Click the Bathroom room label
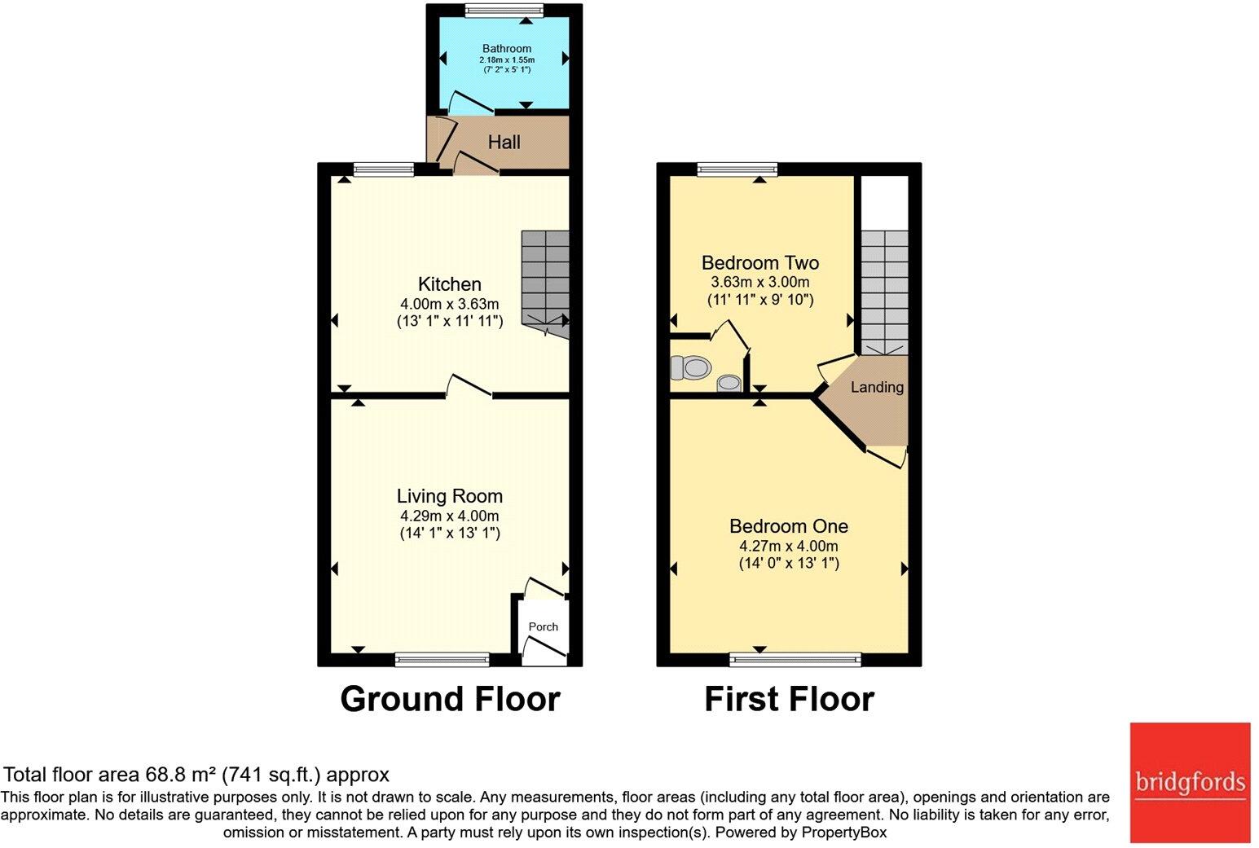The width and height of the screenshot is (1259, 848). pyautogui.click(x=506, y=49)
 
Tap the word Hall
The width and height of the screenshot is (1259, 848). pyautogui.click(x=504, y=143)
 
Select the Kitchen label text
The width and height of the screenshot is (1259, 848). pyautogui.click(x=450, y=283)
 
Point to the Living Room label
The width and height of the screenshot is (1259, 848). pyautogui.click(x=450, y=495)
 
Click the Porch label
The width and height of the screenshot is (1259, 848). pyautogui.click(x=543, y=626)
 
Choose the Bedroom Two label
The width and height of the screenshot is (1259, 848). pyautogui.click(x=760, y=262)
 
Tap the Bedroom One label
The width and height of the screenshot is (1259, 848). pyautogui.click(x=789, y=526)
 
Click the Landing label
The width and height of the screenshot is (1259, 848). pyautogui.click(x=877, y=387)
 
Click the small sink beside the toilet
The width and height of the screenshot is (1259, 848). pyautogui.click(x=729, y=383)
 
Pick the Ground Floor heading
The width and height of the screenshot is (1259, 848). pyautogui.click(x=450, y=699)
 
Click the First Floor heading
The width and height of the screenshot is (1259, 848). pyautogui.click(x=789, y=699)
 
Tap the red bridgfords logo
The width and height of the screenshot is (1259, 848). pyautogui.click(x=1191, y=782)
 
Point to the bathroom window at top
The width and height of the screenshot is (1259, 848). pyautogui.click(x=504, y=10)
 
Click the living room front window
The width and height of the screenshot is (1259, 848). pyautogui.click(x=442, y=660)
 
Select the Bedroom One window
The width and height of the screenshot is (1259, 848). pyautogui.click(x=795, y=660)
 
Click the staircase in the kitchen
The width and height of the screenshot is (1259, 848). pyautogui.click(x=545, y=283)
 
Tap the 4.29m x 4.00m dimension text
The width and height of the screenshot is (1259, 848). pyautogui.click(x=450, y=516)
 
